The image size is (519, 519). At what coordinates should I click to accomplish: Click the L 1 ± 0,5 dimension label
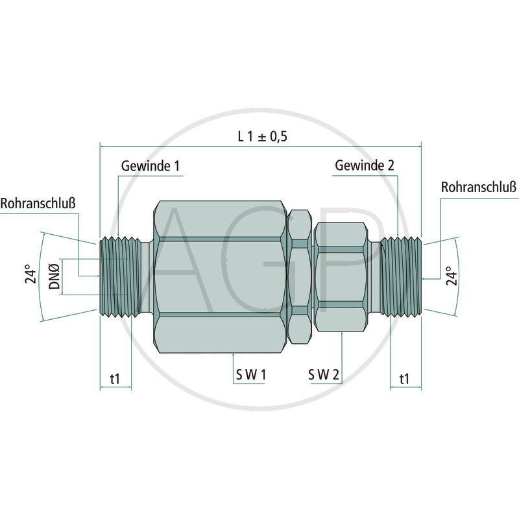[262, 136]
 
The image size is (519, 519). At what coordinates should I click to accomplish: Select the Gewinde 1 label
[150, 165]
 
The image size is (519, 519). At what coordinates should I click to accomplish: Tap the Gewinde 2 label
[365, 165]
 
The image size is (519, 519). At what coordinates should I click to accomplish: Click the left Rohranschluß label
[38, 203]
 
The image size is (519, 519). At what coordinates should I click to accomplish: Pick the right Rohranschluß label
[479, 187]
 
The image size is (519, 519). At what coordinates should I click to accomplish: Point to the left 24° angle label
[29, 276]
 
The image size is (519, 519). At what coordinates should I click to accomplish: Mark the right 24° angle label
[452, 275]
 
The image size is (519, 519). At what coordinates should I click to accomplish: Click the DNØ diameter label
[55, 276]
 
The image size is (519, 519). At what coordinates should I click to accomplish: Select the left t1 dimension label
[115, 378]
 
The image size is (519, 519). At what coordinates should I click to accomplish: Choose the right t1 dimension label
[405, 378]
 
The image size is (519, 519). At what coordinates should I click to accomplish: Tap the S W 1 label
[250, 374]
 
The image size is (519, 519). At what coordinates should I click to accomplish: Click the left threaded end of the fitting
[121, 276]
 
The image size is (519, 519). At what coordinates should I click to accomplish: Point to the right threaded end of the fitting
[401, 276]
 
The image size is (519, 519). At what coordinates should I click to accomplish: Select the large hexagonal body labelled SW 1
[219, 276]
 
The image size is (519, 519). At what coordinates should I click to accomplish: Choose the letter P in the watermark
[350, 259]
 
